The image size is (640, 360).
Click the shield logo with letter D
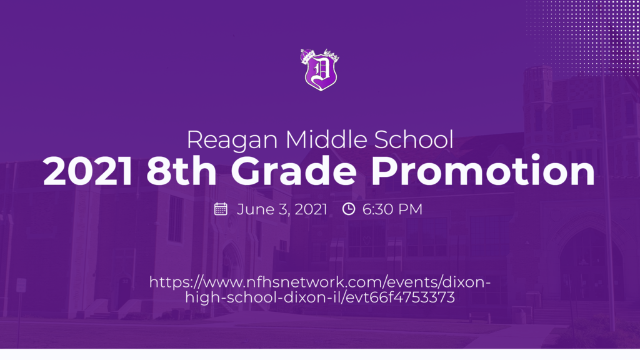tap(321, 70)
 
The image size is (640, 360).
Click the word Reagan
tap(232, 141)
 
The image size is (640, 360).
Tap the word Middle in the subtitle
tap(326, 139)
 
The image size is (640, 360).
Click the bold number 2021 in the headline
tap(87, 172)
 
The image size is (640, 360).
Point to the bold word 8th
tap(182, 171)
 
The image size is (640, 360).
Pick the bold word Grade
tap(294, 171)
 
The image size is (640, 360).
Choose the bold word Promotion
tap(483, 171)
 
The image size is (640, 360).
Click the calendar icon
tap(221, 209)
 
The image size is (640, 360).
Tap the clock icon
tap(349, 209)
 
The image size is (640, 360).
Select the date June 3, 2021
tap(282, 209)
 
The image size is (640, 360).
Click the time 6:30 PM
tap(392, 209)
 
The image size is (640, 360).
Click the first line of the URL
tap(320, 282)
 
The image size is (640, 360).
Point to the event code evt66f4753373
tap(401, 297)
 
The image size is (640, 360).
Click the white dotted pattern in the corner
tap(584, 37)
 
